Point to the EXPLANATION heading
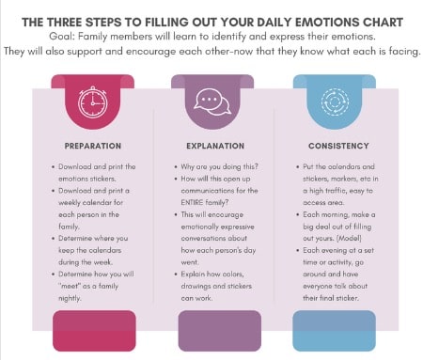(x=211, y=146)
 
